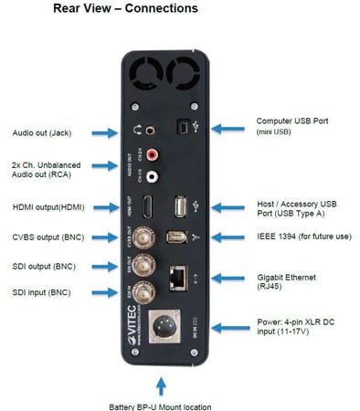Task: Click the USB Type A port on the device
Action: pyautogui.click(x=181, y=206)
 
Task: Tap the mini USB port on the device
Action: pyautogui.click(x=184, y=130)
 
